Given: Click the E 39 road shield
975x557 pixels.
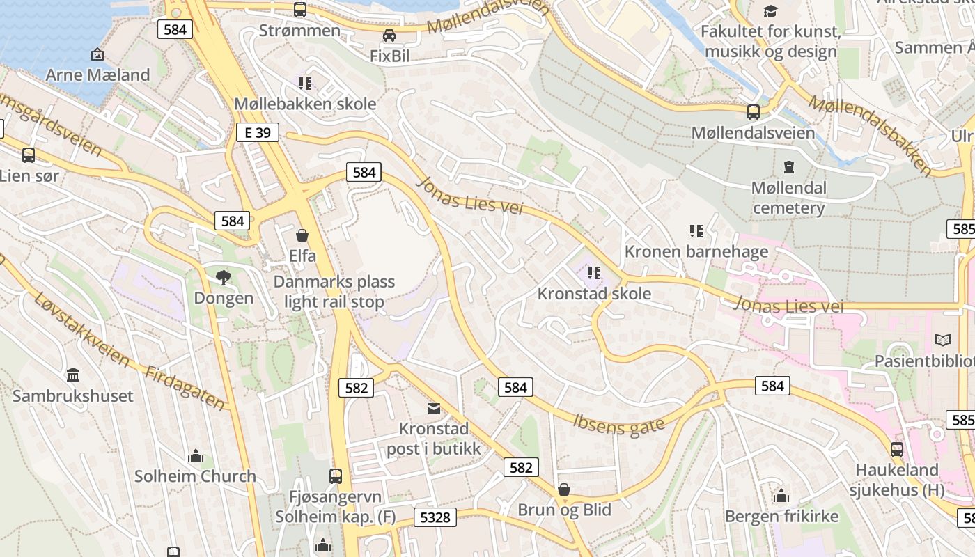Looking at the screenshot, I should tap(257, 132).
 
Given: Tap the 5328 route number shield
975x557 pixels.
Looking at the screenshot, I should tap(435, 517).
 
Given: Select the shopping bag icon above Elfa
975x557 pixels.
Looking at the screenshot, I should tap(302, 235).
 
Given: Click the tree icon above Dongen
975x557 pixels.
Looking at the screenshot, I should tap(224, 278).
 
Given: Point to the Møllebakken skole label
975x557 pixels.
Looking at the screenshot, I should tap(304, 104).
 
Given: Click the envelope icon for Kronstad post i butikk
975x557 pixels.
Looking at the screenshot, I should tap(434, 408).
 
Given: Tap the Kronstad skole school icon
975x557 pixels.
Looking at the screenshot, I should tap(593, 272).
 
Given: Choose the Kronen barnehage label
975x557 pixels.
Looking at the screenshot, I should tap(696, 251).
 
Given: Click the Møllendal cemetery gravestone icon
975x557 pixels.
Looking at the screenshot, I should tap(788, 167).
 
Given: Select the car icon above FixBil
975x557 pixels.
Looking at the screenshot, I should tap(389, 36).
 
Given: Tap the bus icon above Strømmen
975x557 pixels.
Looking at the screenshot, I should tap(300, 10).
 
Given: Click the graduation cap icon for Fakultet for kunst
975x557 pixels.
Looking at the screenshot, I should tap(770, 11).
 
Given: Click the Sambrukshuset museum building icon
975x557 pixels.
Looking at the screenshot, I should tap(73, 375).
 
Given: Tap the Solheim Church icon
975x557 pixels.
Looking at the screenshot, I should tap(196, 456).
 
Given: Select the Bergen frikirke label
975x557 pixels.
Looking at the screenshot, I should tap(781, 516).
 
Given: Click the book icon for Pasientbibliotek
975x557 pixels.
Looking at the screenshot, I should tap(942, 340).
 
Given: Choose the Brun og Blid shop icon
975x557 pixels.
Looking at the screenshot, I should tap(564, 489).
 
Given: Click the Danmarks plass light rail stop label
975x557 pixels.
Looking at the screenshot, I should tap(334, 292).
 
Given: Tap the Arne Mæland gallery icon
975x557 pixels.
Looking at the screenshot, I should tap(97, 54).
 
